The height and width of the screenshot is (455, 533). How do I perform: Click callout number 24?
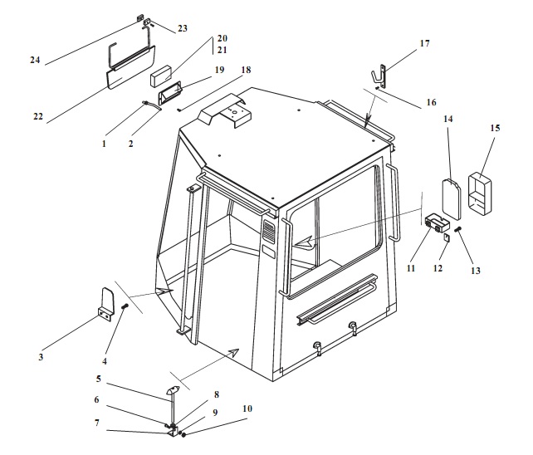[x=35, y=61]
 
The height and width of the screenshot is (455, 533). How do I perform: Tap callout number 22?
[x=38, y=117]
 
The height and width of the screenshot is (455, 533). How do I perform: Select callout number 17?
[x=424, y=43]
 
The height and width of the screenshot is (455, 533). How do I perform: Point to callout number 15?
[x=495, y=128]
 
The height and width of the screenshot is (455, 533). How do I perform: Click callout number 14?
[x=448, y=120]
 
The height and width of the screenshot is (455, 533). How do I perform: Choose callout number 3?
[x=41, y=357]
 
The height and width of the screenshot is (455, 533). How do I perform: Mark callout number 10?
[x=247, y=409]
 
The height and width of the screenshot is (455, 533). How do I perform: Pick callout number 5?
[x=99, y=379]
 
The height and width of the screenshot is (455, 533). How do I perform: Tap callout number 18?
[x=246, y=71]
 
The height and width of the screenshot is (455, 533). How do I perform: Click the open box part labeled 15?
[x=482, y=194]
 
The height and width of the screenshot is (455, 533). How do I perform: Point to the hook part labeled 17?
[x=382, y=75]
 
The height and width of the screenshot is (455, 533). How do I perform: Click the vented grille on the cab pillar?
[x=268, y=232]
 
